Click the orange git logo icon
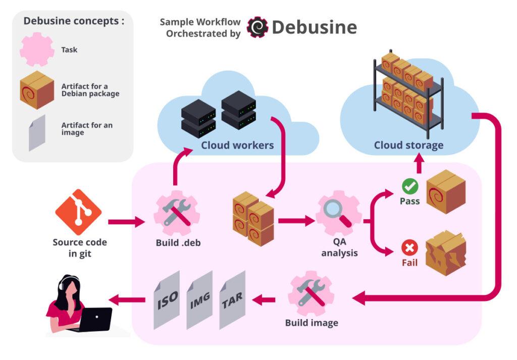78,212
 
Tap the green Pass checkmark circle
409,187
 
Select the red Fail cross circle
409,248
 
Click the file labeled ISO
166,300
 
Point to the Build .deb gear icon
176,213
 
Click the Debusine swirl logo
257,27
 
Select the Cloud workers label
237,145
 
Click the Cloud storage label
408,145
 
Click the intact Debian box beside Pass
446,192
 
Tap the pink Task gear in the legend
37,49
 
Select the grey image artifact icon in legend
37,132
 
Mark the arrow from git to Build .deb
126,221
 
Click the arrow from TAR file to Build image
264,300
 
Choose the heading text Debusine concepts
74,22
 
